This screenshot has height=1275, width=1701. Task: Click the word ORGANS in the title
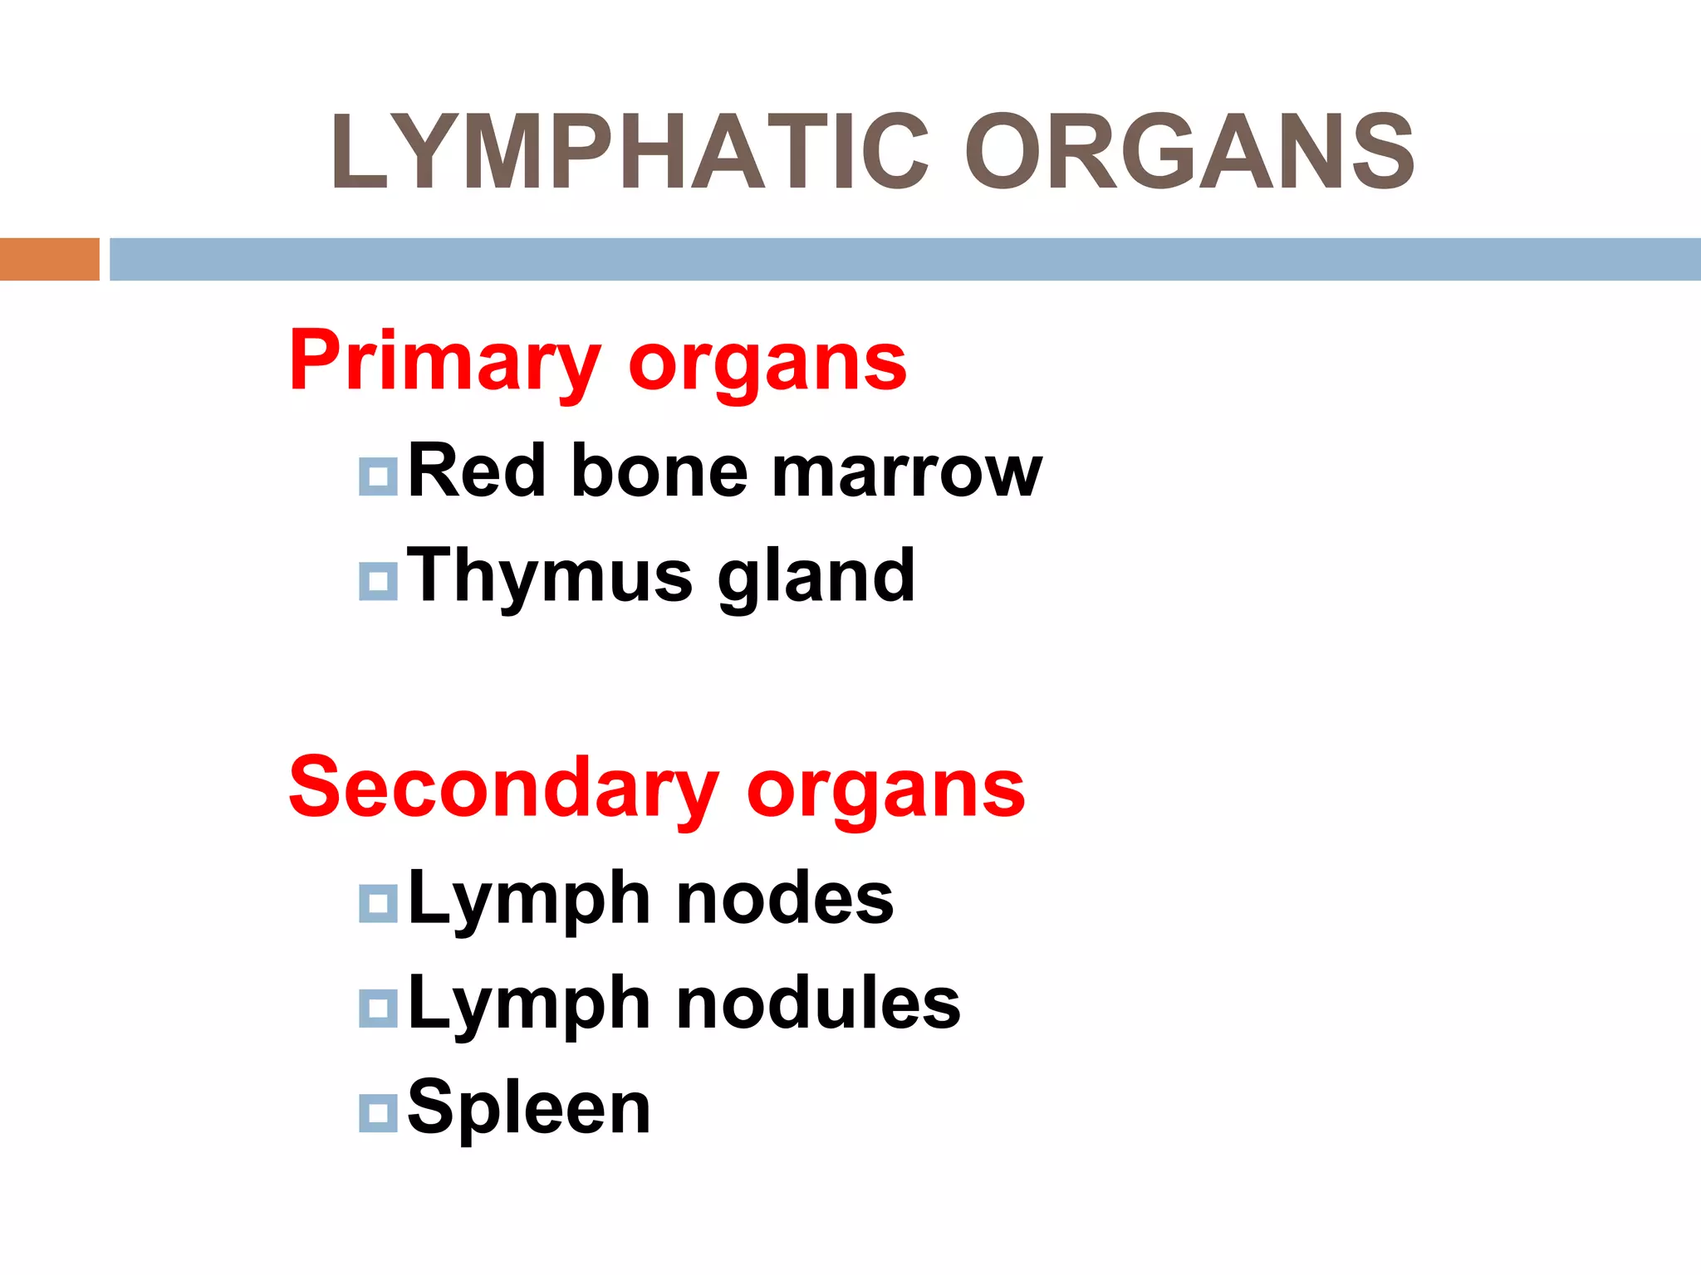coord(1189,152)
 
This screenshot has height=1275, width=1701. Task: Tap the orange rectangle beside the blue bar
coord(49,259)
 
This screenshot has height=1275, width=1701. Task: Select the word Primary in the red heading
coord(444,362)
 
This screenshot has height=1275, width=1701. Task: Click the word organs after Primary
coord(767,365)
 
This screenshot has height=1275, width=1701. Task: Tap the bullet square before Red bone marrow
coord(378,476)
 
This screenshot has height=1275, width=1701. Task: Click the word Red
coord(477,471)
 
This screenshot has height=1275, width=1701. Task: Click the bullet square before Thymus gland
coord(378,581)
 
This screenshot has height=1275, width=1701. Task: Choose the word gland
coord(816,578)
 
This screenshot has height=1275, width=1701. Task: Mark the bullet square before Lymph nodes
coord(378,903)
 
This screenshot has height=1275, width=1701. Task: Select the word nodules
coord(818,1004)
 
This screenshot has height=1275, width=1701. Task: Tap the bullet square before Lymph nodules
coord(378,1008)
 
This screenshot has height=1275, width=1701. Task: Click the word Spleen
coord(529,1109)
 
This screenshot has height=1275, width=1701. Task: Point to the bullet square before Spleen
coord(378,1112)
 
